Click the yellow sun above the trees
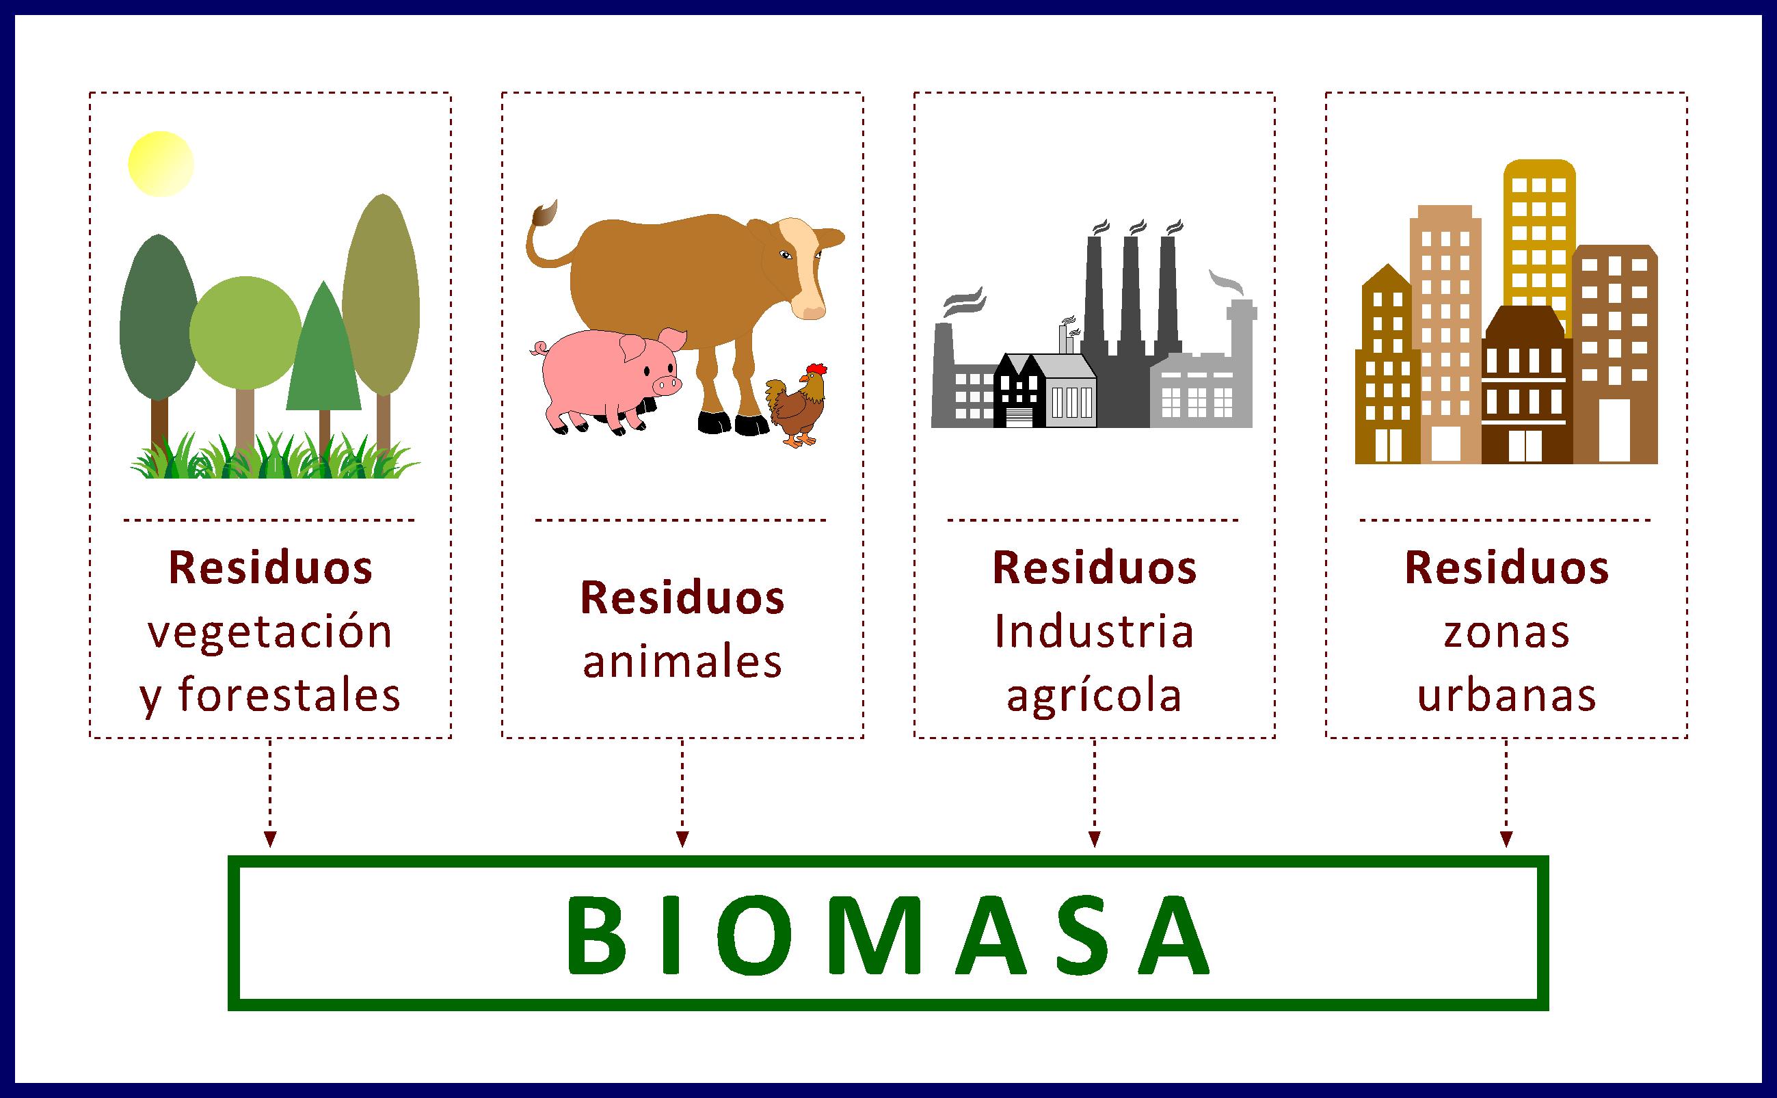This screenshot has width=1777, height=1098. click(x=161, y=164)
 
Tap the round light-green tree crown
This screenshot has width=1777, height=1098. click(x=245, y=332)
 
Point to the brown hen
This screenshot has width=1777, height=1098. click(x=799, y=407)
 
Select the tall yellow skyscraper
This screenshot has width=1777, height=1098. click(x=1538, y=240)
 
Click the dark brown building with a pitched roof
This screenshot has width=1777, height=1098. click(x=1525, y=385)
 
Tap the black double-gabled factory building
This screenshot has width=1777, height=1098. click(x=1017, y=392)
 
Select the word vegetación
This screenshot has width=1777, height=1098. click(x=270, y=632)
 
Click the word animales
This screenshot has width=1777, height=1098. click(x=682, y=662)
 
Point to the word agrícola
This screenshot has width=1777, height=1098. click(x=1094, y=695)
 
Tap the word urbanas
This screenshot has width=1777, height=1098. click(x=1506, y=695)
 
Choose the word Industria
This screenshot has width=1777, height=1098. click(x=1094, y=631)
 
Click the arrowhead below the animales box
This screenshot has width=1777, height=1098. click(x=682, y=840)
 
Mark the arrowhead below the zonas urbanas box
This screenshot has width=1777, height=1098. click(x=1506, y=840)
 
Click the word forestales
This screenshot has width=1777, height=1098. click(x=289, y=695)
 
